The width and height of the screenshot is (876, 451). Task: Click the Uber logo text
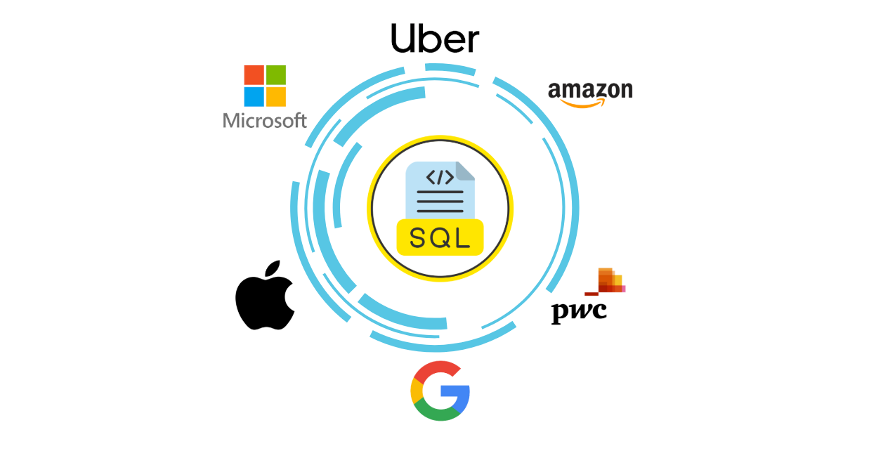435,39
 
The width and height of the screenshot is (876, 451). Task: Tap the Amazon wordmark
589,91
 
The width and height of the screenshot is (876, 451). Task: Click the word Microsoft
265,120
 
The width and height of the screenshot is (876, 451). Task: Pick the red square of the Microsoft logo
254,75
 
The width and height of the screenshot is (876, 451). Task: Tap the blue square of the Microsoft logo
254,96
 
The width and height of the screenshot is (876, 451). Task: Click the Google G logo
440,391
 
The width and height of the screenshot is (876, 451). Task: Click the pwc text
578,311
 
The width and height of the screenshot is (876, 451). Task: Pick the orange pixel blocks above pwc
609,280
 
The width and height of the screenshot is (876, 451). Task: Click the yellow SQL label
440,237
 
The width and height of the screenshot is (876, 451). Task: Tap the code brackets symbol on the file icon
440,178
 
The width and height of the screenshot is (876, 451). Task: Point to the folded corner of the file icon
465,170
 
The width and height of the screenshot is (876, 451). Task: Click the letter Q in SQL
440,238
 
